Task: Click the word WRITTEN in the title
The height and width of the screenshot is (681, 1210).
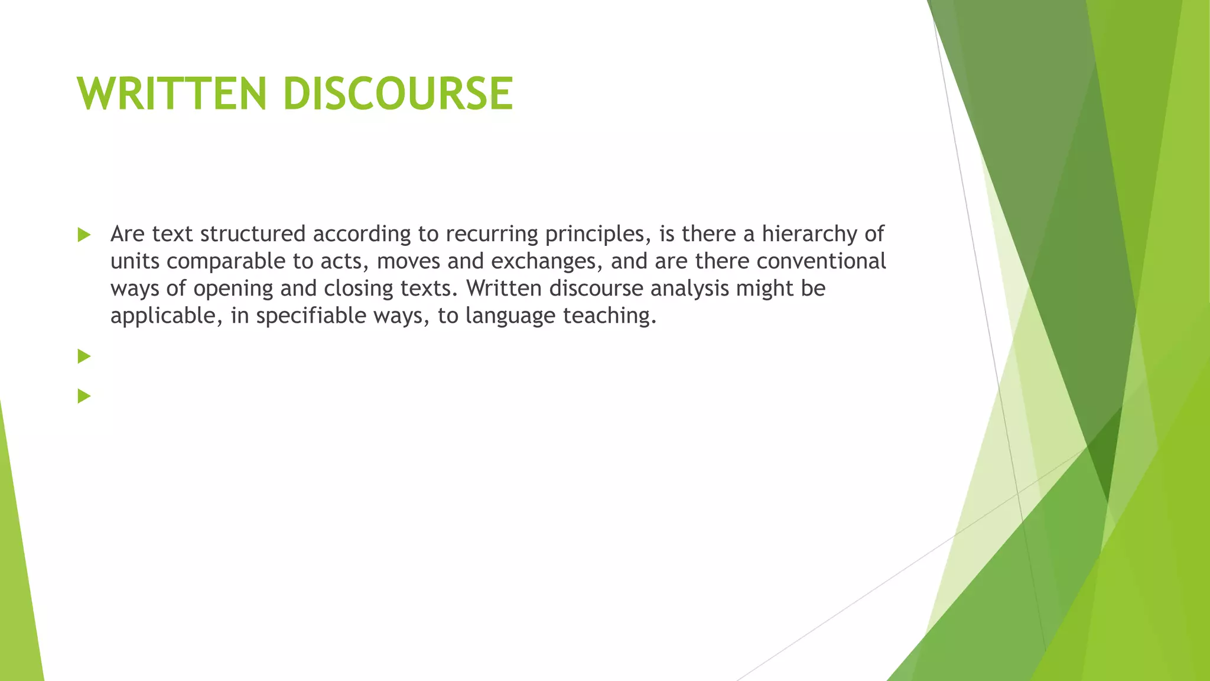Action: pos(172,93)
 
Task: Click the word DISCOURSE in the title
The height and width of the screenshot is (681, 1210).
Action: pos(398,93)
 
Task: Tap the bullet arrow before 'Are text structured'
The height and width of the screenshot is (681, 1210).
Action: pos(84,235)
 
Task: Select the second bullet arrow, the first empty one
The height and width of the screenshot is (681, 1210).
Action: pos(84,356)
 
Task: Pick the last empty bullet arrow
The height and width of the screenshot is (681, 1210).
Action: pos(84,396)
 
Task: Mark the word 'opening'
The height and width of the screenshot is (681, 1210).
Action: pos(233,289)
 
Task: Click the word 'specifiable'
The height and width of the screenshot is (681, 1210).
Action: pos(311,316)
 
